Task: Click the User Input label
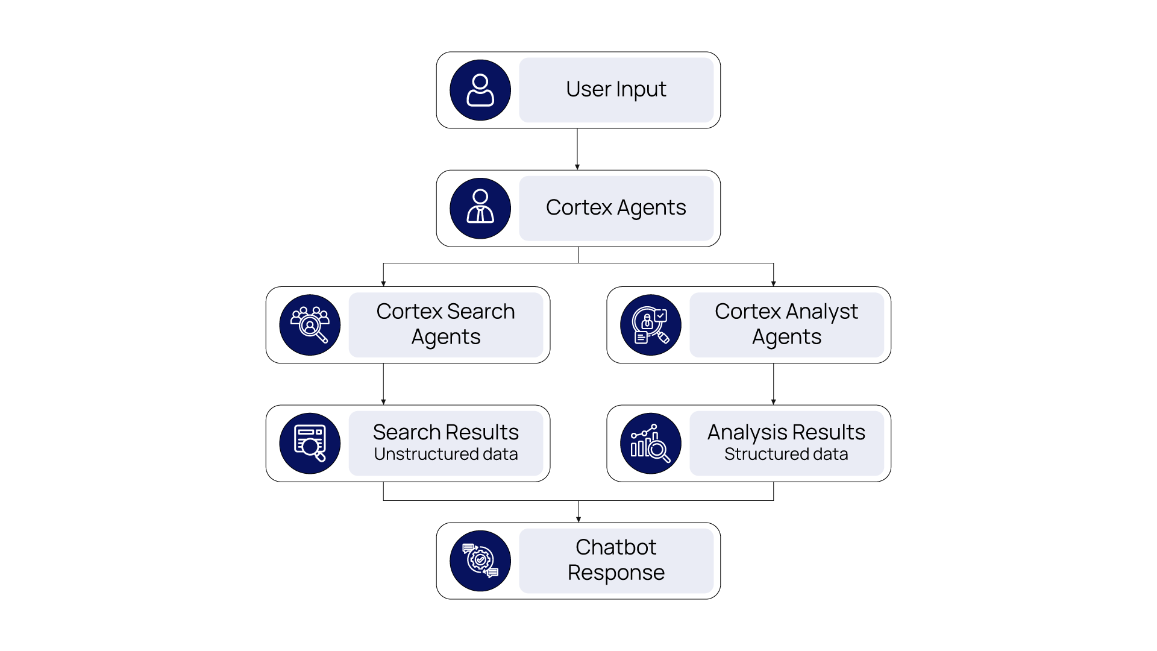tap(616, 90)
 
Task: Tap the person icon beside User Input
tap(480, 90)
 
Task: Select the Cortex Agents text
tap(616, 208)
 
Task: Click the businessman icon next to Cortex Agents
tap(480, 209)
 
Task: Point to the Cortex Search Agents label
tap(446, 324)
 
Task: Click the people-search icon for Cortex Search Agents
tap(310, 325)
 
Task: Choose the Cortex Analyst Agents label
tap(786, 324)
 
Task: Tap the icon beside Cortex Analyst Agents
tap(651, 325)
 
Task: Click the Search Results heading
tap(446, 432)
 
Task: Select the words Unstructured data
tap(446, 454)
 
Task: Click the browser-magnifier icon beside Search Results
tap(310, 444)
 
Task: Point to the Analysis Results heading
tap(786, 432)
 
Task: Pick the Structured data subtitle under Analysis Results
tap(786, 454)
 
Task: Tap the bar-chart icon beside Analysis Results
tap(651, 444)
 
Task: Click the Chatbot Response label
tap(616, 560)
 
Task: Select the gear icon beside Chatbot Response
tap(480, 561)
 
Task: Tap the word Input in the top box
tap(641, 90)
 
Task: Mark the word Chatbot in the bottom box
tap(616, 547)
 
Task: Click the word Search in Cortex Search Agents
tap(481, 312)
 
